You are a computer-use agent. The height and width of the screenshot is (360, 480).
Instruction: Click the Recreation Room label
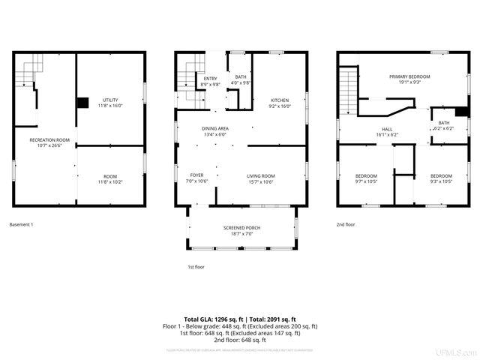click(49, 142)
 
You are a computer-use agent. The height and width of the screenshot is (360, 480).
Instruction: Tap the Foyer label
click(196, 178)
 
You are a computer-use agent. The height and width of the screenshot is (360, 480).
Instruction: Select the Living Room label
click(261, 178)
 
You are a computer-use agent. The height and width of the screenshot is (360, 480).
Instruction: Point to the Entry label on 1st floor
click(210, 81)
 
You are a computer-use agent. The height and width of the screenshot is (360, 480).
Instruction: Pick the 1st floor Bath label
click(240, 79)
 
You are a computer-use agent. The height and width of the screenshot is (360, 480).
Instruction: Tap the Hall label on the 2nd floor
click(387, 132)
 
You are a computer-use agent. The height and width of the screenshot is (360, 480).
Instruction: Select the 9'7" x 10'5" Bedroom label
click(366, 178)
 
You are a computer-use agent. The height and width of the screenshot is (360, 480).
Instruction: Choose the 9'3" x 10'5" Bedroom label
click(441, 178)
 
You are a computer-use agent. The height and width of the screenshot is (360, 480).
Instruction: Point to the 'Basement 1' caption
click(22, 224)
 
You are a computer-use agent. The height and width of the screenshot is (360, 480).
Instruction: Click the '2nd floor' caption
click(346, 224)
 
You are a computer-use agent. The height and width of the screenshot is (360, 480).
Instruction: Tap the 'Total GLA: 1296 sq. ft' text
click(211, 319)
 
